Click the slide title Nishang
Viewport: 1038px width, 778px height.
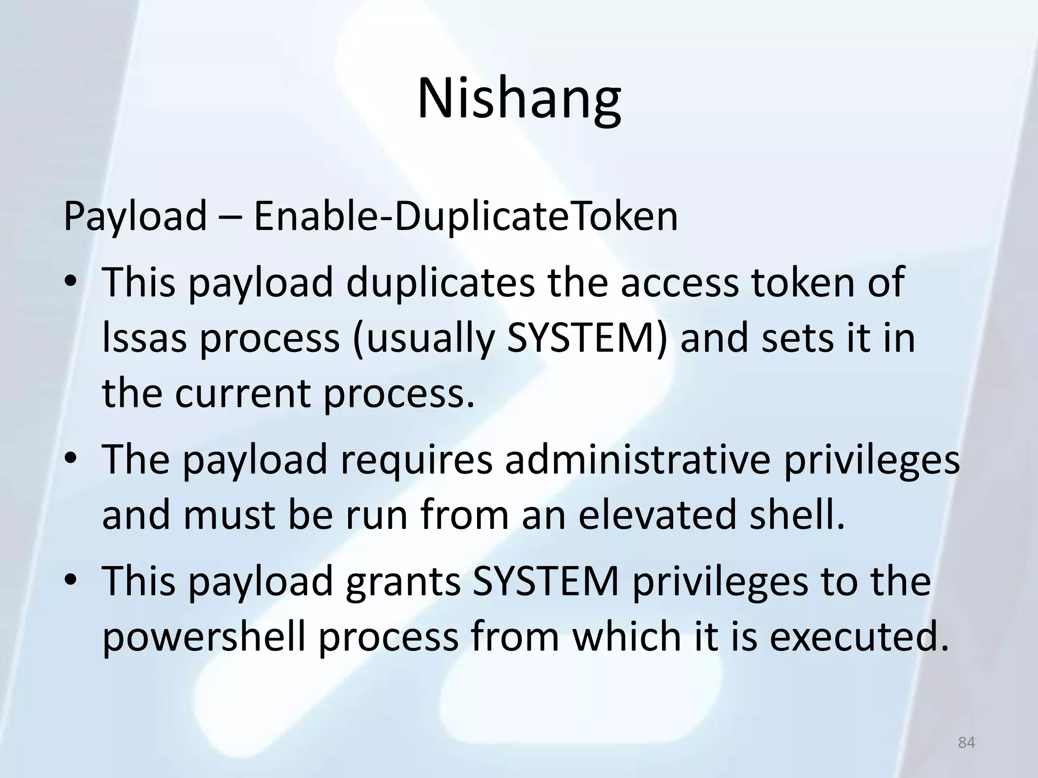(518, 97)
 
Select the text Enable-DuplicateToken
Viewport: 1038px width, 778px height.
(465, 216)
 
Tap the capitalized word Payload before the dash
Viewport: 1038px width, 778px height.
(135, 216)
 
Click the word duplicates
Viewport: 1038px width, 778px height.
(440, 282)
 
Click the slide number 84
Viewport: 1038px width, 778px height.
(967, 743)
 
